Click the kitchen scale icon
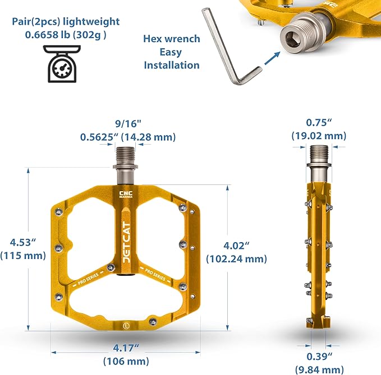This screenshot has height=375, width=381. tap(62, 64)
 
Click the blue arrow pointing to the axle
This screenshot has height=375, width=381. tap(272, 58)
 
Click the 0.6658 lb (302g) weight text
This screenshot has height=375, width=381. tap(66, 35)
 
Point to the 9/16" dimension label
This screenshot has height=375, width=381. tap(128, 124)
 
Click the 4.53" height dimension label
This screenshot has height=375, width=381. tap(23, 242)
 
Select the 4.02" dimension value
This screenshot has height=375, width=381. tap(236, 246)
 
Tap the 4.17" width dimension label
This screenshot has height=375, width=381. tap(126, 348)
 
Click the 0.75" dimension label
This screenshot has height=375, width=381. tap(319, 123)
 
